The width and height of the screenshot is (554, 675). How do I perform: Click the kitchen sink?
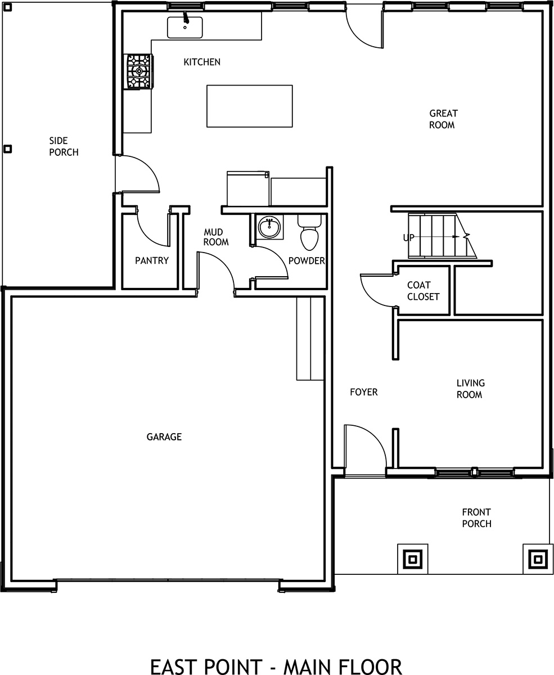click(x=184, y=27)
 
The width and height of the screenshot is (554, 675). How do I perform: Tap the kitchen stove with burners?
click(x=138, y=71)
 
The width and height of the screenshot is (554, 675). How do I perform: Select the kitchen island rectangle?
click(x=249, y=106)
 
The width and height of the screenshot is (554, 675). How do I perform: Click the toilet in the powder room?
click(x=309, y=232)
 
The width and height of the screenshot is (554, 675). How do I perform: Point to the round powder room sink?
click(x=269, y=227)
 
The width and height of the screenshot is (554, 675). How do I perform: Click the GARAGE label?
click(x=164, y=437)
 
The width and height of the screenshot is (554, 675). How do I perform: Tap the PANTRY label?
click(x=152, y=260)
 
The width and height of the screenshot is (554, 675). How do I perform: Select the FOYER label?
click(x=363, y=392)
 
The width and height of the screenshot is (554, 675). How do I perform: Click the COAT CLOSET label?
click(x=423, y=291)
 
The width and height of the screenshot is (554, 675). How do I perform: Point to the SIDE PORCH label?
click(x=64, y=146)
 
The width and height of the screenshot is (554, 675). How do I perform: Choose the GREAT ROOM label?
click(x=443, y=119)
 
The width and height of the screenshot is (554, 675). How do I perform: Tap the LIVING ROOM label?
click(x=470, y=389)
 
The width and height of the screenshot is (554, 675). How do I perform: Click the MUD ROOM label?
click(x=216, y=237)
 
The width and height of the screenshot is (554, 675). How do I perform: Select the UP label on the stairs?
click(x=409, y=237)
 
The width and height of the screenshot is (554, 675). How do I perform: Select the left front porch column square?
click(x=412, y=559)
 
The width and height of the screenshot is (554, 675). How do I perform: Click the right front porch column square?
click(x=538, y=559)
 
